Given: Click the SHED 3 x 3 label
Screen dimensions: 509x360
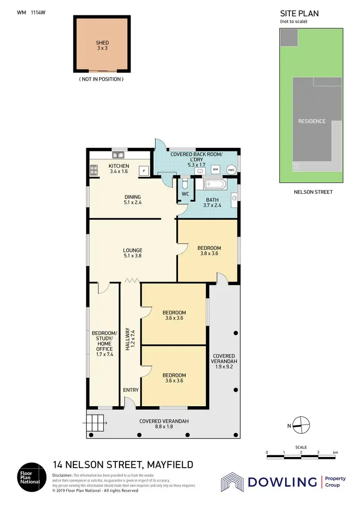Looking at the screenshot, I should (x=102, y=46).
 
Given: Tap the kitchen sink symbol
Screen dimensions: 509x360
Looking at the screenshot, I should (x=118, y=155).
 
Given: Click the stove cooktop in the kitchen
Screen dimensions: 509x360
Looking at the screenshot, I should (x=93, y=170).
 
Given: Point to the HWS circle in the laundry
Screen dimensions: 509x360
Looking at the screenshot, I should (x=231, y=170).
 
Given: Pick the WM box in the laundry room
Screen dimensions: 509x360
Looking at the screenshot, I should (x=216, y=170).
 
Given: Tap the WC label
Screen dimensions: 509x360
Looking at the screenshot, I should (x=184, y=194).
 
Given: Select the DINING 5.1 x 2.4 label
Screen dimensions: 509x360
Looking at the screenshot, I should (x=132, y=199).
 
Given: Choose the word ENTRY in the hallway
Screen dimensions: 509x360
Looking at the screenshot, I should (x=131, y=390).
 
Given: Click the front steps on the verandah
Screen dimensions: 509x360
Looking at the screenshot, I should (x=95, y=424).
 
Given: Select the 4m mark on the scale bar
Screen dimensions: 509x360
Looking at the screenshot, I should (x=335, y=453).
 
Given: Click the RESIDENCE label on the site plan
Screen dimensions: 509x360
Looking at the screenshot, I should (x=312, y=121).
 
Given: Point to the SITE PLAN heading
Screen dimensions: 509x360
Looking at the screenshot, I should (x=299, y=14).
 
